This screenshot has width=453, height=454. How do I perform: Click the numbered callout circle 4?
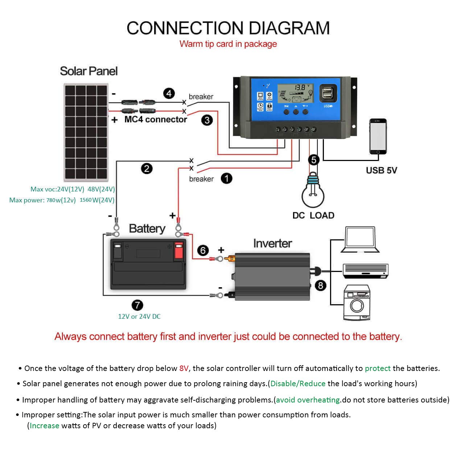[x=169, y=94]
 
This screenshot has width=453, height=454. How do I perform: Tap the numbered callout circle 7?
[x=137, y=305]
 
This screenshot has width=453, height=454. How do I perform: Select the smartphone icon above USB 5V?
[x=378, y=137]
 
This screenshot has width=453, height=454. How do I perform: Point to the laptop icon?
[x=360, y=240]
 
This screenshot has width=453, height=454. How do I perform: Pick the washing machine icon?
[x=357, y=302]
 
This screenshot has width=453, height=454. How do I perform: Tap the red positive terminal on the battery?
[x=178, y=250]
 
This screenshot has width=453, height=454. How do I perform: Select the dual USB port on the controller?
[x=328, y=94]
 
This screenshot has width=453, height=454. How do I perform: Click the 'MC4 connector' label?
[x=156, y=119]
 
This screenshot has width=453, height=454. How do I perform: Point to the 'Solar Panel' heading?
[x=88, y=71]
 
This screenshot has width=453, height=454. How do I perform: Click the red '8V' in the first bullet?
[x=184, y=368]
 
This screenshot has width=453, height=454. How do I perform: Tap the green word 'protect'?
[x=377, y=368]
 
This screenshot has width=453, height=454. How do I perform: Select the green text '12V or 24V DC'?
[x=139, y=317]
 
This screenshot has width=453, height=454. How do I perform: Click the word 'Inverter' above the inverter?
[x=272, y=243]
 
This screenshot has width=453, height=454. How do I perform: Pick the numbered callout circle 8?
[x=320, y=285]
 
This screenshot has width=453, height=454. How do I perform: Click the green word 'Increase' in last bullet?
[x=44, y=426]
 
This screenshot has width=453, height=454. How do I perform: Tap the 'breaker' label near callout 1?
[x=201, y=179]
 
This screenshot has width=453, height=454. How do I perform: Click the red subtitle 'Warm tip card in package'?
[x=228, y=44]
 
